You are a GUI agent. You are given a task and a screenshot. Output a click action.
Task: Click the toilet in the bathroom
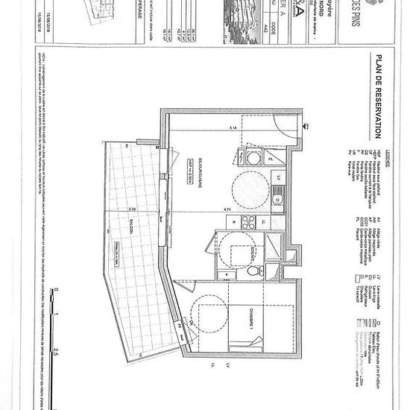[x=253, y=270]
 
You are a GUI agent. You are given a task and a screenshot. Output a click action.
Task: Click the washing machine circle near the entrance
[x=253, y=159]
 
